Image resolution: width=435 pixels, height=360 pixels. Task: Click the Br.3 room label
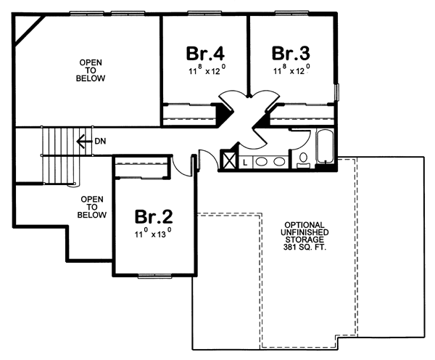291,54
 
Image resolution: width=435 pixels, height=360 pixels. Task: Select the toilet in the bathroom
302,160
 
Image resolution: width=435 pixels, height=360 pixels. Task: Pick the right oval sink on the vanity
278,161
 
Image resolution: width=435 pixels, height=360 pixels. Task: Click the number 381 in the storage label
290,245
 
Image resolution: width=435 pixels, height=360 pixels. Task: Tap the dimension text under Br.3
291,71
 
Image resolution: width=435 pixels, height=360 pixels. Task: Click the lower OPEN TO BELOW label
93,207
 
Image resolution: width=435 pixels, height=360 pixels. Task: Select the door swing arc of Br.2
176,164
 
